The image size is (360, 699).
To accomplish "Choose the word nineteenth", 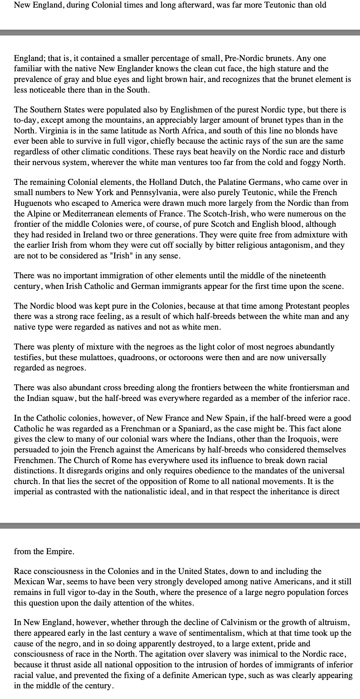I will [301, 276].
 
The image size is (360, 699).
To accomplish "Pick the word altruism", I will [331, 623].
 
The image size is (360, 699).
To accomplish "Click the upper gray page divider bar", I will [180, 33].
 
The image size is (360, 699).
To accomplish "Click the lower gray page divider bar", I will [180, 526].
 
